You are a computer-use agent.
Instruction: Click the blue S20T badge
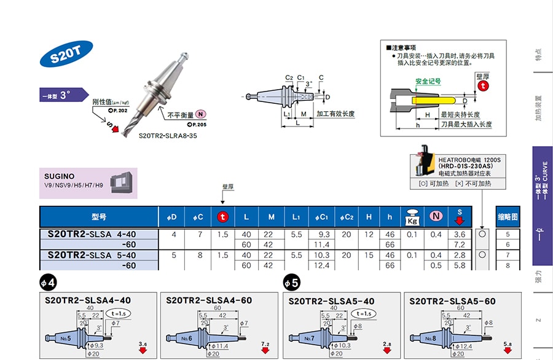pos(62,57)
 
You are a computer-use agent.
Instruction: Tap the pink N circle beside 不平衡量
pos(201,114)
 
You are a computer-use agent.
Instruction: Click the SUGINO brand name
pos(60,176)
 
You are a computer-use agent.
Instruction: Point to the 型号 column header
pos(99,217)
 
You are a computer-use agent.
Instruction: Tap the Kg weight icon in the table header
pos(410,217)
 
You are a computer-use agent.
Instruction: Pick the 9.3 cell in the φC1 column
pos(324,234)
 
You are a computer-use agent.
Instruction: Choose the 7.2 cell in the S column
pos(458,245)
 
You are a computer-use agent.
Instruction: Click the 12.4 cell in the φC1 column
pos(324,265)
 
